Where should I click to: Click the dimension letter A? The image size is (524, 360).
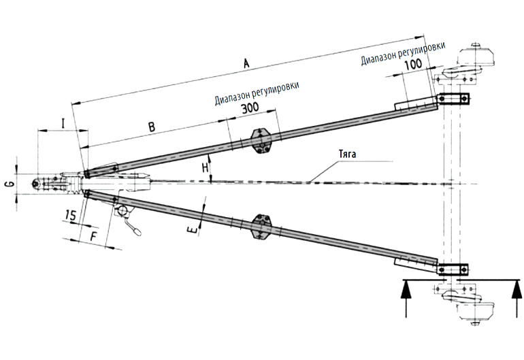pyautogui.click(x=246, y=63)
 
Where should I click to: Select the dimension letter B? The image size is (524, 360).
pyautogui.click(x=152, y=127)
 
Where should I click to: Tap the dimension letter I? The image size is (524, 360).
pyautogui.click(x=63, y=124)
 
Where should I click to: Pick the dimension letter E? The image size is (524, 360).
pyautogui.click(x=195, y=231)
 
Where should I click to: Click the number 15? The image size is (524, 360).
pyautogui.click(x=69, y=216)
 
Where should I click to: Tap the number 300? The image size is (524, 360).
pyautogui.click(x=250, y=110)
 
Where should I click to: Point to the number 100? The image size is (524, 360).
pyautogui.click(x=412, y=65)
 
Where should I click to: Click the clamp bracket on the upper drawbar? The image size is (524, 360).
pyautogui.click(x=261, y=140)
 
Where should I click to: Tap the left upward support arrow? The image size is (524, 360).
pyautogui.click(x=406, y=296)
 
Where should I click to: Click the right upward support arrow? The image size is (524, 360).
pyautogui.click(x=511, y=296)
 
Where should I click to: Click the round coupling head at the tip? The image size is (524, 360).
pyautogui.click(x=38, y=183)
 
